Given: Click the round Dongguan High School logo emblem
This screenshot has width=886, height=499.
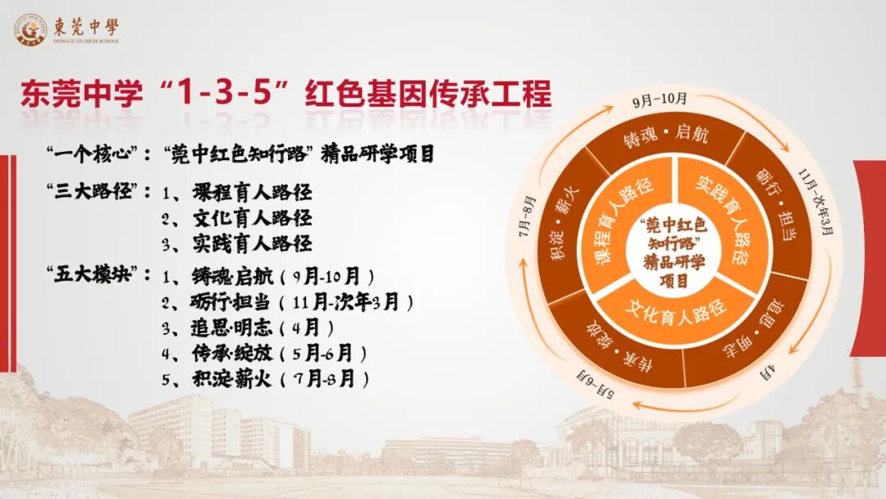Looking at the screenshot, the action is click(x=30, y=30).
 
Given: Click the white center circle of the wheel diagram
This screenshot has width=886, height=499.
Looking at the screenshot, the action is click(x=674, y=252).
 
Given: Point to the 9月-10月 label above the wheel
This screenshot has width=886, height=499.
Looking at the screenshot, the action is click(x=660, y=100).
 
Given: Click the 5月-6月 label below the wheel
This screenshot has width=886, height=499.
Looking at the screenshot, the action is click(x=596, y=384).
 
